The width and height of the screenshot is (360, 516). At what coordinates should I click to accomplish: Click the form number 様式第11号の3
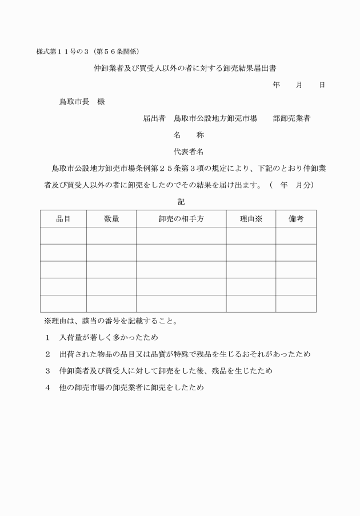[x=60, y=51]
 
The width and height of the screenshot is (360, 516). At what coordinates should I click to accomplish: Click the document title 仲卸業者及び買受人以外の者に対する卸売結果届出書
[x=181, y=68]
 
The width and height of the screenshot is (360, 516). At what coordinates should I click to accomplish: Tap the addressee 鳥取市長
[x=74, y=102]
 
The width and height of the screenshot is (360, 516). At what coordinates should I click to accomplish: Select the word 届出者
[x=154, y=118]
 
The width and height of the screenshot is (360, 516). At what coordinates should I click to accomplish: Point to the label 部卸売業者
[x=291, y=118]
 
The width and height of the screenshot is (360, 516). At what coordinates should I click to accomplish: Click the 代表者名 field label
[x=189, y=152]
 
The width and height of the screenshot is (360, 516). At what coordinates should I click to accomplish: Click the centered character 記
[x=181, y=202]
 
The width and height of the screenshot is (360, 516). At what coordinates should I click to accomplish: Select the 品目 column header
[x=63, y=219]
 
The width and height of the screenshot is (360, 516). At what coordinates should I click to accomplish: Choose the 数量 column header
[x=111, y=219]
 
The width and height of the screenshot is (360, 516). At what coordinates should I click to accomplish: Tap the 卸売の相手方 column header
[x=181, y=219]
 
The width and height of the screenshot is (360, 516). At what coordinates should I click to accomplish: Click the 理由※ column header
[x=251, y=219]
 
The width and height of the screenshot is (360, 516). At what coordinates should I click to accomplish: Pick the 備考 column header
[x=296, y=219]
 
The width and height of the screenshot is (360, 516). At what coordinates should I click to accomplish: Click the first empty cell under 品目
[x=63, y=235]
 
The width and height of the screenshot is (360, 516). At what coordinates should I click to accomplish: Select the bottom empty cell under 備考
[x=296, y=303]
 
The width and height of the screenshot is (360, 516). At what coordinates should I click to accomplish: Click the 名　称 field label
[x=189, y=135]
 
